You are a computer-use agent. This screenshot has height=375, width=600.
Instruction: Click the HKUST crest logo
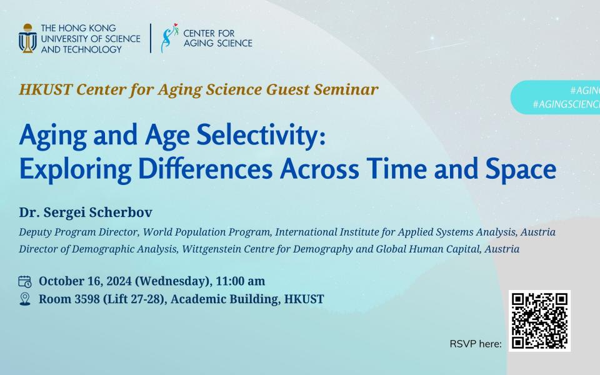27,38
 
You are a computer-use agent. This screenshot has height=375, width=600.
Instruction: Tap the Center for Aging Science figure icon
167,38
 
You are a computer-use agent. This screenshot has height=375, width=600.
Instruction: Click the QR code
539,321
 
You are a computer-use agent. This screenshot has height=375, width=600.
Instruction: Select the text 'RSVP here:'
476,344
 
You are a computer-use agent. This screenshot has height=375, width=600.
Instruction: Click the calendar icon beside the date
25,281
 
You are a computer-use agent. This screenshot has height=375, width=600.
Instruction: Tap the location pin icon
25,299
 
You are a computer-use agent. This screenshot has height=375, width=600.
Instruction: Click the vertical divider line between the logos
151,38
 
